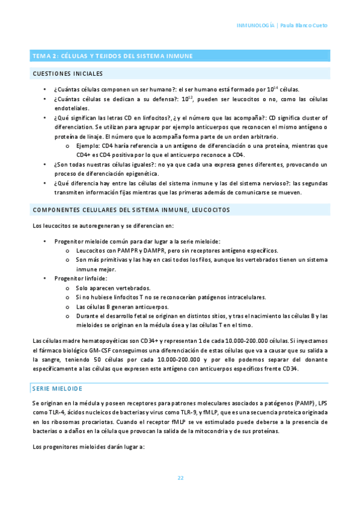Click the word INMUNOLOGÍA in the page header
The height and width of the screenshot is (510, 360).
[x=255, y=26]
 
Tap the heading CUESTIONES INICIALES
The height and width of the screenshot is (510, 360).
[x=67, y=73]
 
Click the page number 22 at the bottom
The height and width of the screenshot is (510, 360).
[x=180, y=478]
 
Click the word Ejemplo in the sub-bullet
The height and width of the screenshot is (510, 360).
[x=88, y=145]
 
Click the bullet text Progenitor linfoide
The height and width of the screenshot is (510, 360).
[x=81, y=278]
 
